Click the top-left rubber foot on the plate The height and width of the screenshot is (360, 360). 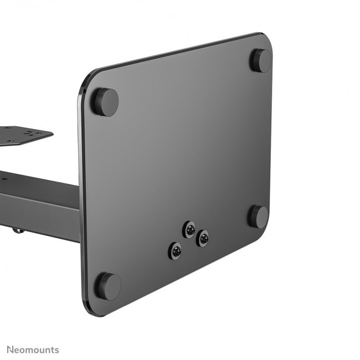point(105,101)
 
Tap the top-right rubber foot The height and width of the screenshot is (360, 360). point(260,60)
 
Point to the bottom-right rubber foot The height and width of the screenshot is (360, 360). point(258,216)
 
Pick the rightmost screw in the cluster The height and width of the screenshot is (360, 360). point(203,239)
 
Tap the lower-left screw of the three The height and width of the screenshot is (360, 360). point(176,250)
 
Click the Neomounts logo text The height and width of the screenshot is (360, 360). point(33,349)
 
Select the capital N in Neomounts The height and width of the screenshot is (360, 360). point(10,349)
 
